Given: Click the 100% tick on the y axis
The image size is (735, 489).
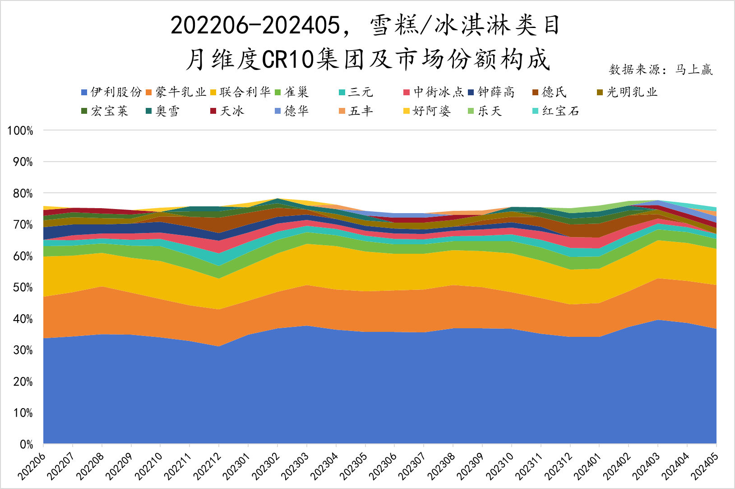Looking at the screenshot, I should (20, 131).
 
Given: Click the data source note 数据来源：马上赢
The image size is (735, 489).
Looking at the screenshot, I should (661, 70).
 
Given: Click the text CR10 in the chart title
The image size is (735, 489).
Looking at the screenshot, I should (288, 59).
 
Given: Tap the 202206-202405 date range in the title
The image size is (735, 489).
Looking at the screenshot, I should (255, 26).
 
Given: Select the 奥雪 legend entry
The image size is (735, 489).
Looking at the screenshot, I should (167, 111).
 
